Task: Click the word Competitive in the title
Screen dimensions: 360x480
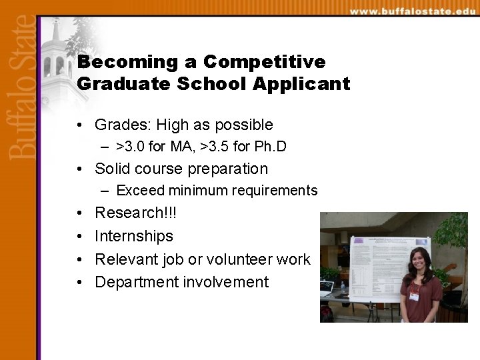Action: click(x=264, y=62)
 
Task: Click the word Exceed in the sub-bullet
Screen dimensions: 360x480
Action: click(x=140, y=191)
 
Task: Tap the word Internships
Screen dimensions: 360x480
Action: click(x=134, y=236)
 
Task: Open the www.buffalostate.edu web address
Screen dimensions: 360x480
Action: click(x=413, y=11)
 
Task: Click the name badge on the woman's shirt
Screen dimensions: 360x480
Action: click(x=414, y=293)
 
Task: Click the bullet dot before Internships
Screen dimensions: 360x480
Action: click(x=79, y=237)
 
